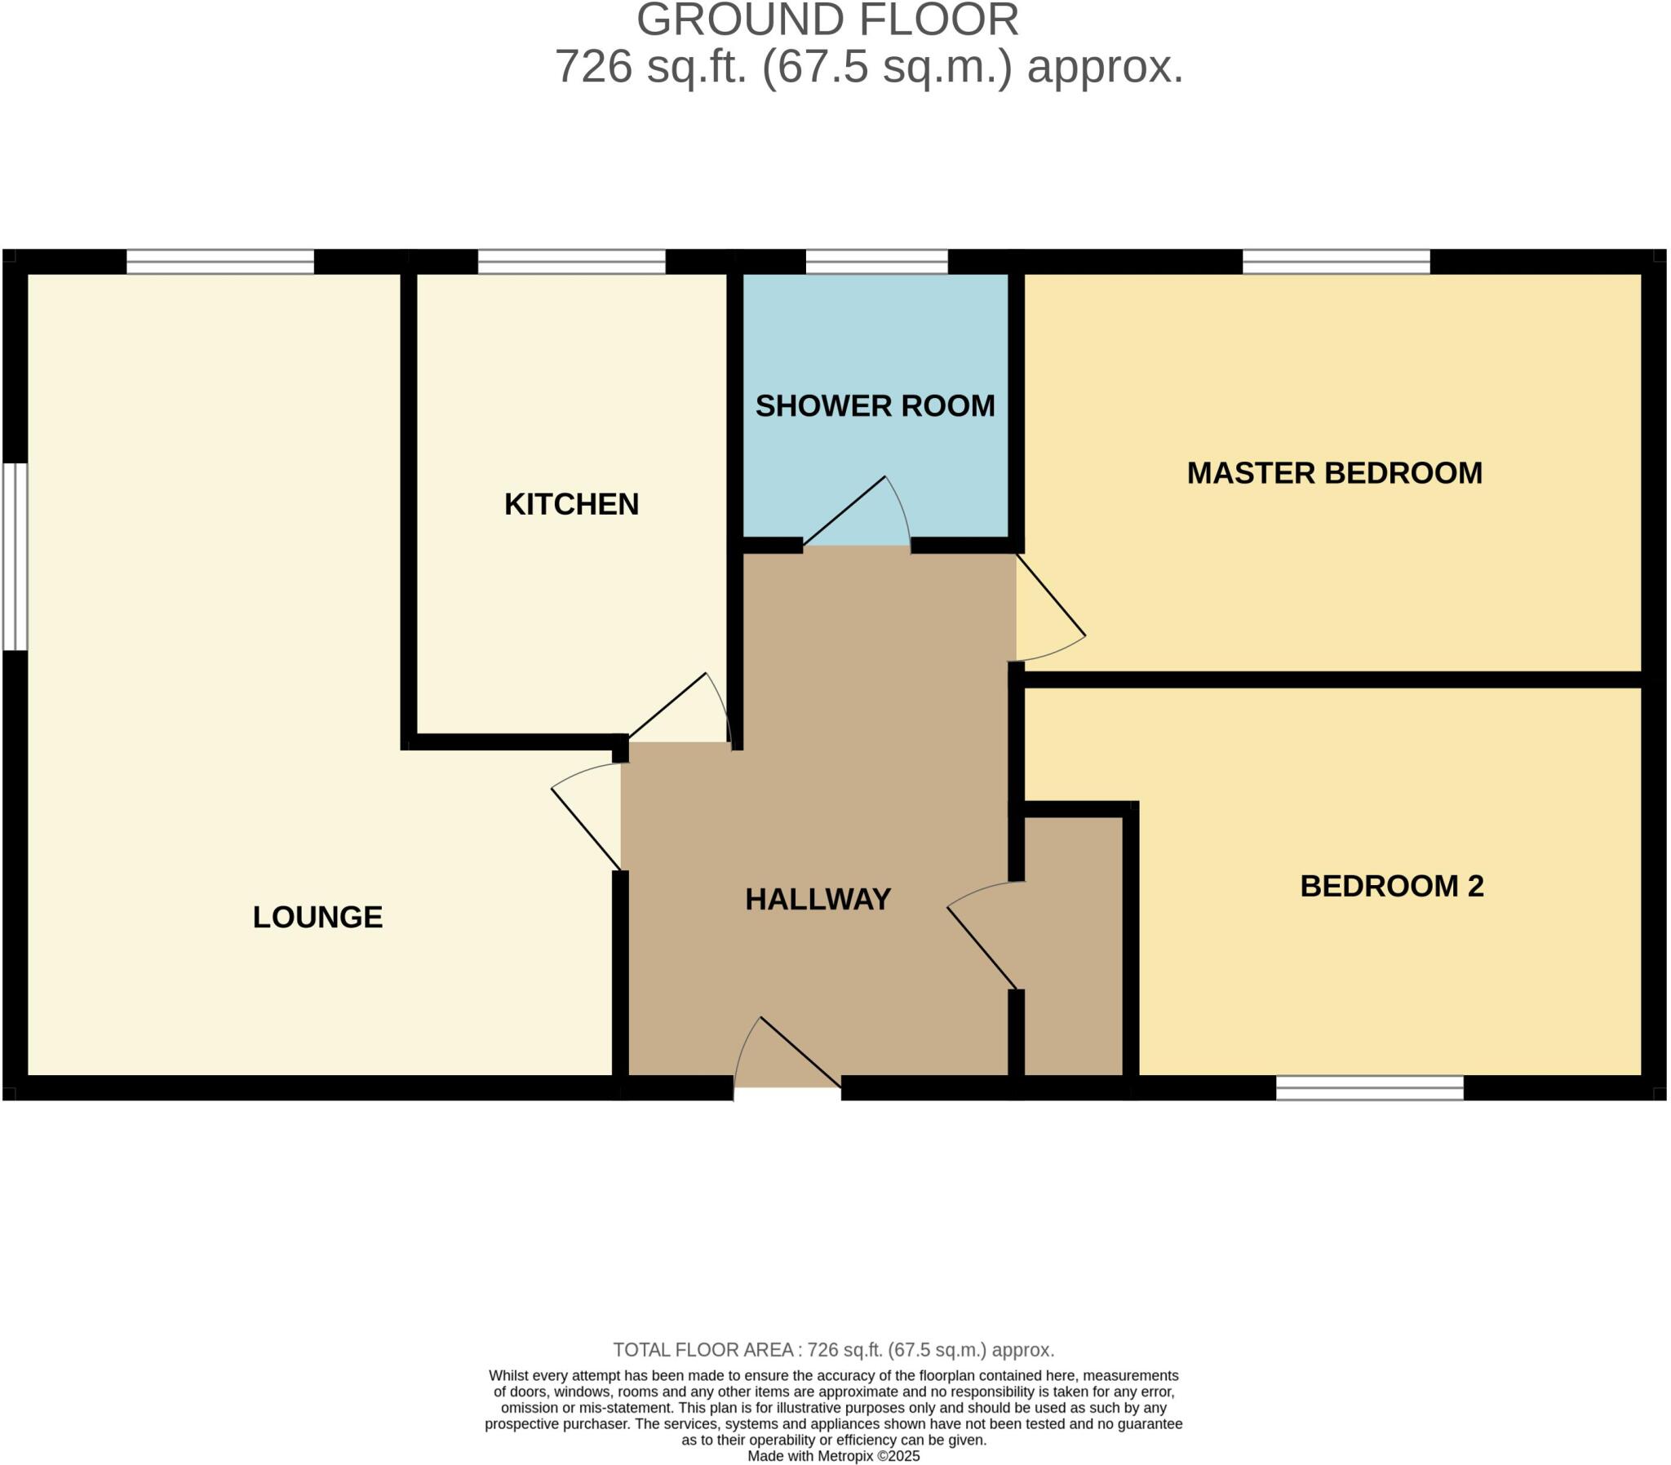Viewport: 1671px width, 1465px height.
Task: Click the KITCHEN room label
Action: pyautogui.click(x=570, y=504)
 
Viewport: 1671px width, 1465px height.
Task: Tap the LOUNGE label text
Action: pyautogui.click(x=317, y=918)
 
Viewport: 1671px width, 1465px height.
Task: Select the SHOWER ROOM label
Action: pyautogui.click(x=875, y=406)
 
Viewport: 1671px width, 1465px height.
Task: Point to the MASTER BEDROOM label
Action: pyautogui.click(x=1334, y=473)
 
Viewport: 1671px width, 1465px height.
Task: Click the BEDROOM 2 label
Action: pyautogui.click(x=1391, y=886)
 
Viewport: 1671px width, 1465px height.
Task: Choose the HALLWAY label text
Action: pyautogui.click(x=818, y=899)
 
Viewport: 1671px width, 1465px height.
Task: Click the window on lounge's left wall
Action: pyautogui.click(x=15, y=557)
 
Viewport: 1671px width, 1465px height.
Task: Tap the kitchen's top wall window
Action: pyautogui.click(x=571, y=262)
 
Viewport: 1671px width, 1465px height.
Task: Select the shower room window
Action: pyautogui.click(x=876, y=262)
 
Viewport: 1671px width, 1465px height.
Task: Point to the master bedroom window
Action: pyautogui.click(x=1336, y=262)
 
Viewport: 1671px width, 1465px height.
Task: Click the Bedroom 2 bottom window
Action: pyautogui.click(x=1369, y=1087)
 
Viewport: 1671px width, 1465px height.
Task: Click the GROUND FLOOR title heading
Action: pyautogui.click(x=827, y=20)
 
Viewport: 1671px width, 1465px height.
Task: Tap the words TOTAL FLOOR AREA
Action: pyautogui.click(x=703, y=1350)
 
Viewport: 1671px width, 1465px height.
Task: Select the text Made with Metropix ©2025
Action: pyautogui.click(x=834, y=1456)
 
